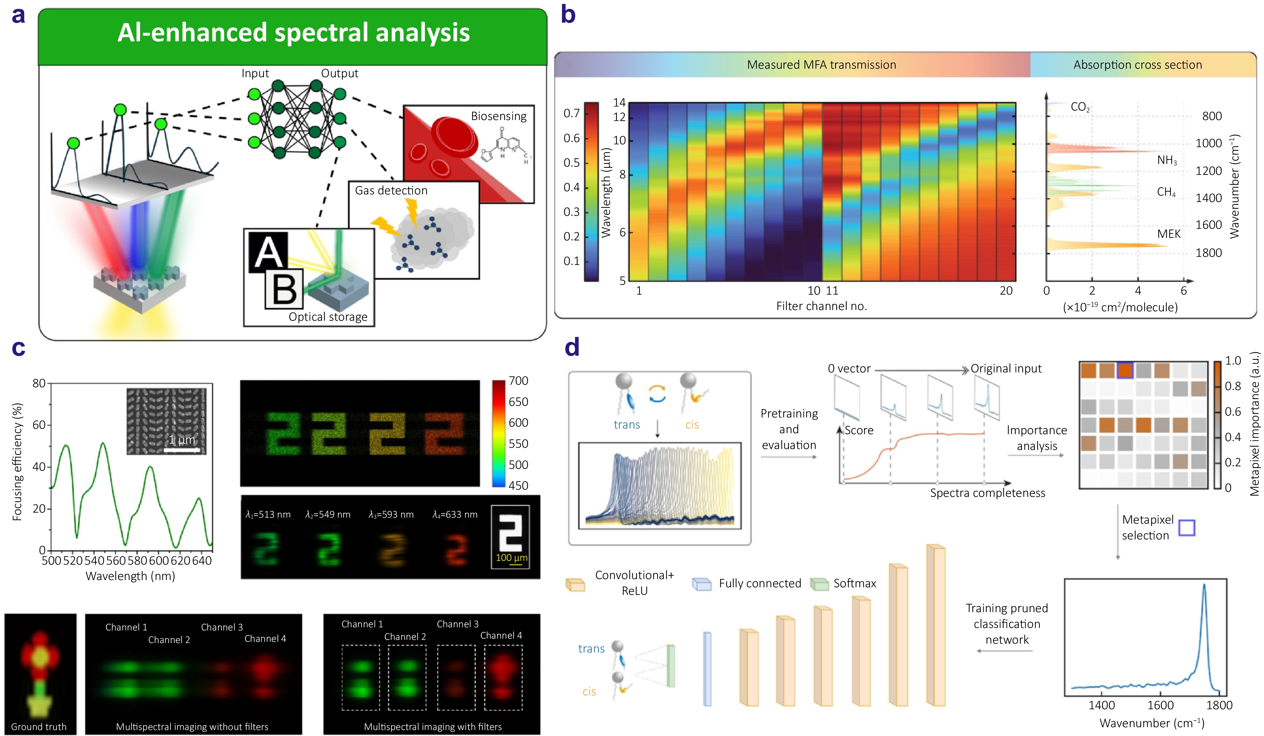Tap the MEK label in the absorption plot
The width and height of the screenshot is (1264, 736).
[1168, 234]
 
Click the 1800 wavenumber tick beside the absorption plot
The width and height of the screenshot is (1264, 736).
[1208, 253]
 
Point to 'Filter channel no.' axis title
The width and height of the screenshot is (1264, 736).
[821, 306]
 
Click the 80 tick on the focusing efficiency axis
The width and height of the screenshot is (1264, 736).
[39, 383]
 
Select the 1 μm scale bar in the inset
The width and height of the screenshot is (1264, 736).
[182, 450]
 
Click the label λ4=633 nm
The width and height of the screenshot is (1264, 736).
[454, 515]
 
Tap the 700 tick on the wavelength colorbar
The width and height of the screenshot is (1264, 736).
[518, 381]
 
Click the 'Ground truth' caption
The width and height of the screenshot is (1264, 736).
[39, 727]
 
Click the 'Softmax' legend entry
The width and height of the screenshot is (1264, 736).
[854, 583]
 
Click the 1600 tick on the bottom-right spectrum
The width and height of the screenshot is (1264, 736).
[1160, 705]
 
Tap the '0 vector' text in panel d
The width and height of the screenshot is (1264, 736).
[849, 369]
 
